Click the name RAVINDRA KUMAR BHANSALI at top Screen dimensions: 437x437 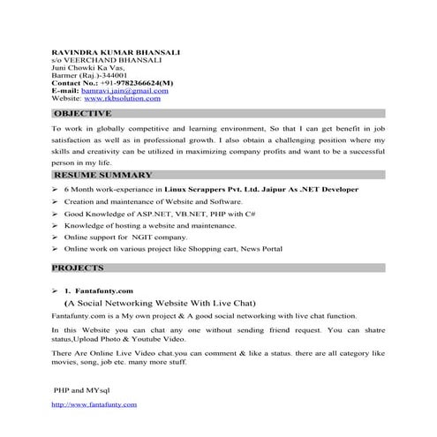coord(117,53)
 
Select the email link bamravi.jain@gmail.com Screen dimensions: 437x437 coord(124,91)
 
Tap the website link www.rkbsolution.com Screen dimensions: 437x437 coord(123,99)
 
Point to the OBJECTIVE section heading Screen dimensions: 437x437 coord(83,114)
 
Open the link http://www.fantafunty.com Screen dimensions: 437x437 coord(94,403)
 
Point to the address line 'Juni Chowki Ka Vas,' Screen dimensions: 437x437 coord(89,68)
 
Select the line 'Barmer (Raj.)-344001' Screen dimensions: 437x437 coord(90,76)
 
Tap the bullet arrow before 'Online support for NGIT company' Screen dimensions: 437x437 coord(55,237)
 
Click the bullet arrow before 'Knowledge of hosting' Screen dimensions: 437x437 coord(55,226)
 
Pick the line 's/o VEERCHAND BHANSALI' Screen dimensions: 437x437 coord(107,60)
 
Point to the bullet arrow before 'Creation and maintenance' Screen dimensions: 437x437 coord(55,202)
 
